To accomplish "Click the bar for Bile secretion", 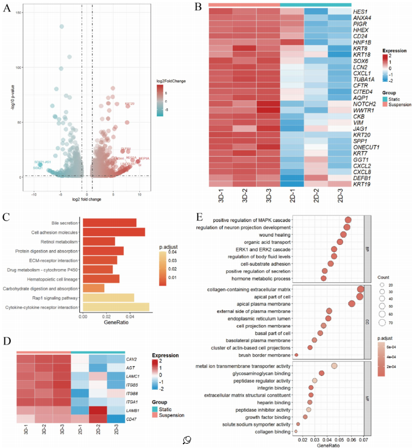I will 109,223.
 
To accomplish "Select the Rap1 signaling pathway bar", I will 108,297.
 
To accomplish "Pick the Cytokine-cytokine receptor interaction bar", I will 116,308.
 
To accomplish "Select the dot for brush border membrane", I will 296,355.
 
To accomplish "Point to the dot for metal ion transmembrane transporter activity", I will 334,367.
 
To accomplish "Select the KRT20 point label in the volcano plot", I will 129,103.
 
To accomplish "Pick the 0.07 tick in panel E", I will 364,440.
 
